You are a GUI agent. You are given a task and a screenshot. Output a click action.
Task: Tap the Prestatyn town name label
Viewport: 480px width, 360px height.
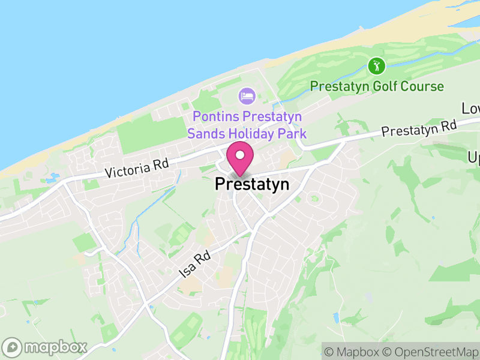coord(252,184)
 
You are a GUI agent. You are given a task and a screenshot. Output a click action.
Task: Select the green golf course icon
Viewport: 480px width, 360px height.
coord(376,65)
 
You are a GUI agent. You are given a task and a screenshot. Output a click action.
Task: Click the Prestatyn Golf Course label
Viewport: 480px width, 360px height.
coord(377,86)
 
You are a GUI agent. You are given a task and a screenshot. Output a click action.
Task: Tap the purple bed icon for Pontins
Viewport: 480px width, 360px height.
coord(247,95)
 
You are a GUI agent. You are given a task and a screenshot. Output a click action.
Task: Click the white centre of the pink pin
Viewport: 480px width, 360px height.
coord(240,155)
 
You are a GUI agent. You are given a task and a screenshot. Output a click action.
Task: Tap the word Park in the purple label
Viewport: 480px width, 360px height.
coord(295,133)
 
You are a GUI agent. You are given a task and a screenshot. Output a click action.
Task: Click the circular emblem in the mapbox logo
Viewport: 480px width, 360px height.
coord(13,347)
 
